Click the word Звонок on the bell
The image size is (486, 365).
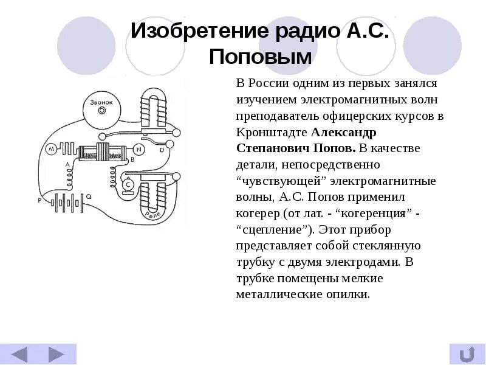coord(101,102)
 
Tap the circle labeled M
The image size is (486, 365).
coord(51,148)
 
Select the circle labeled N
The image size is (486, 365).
coord(139,148)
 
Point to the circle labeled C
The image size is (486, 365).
coord(128,184)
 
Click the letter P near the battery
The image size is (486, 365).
coord(39,200)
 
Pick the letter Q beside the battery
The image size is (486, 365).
coord(89,196)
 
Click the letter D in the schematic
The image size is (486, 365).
coord(162,149)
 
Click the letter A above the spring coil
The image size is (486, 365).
coord(67,165)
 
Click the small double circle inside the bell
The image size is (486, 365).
coord(102,111)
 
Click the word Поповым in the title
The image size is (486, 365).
coord(260,57)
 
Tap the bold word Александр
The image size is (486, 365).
coord(343,131)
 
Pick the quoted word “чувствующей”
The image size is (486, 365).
coord(273,181)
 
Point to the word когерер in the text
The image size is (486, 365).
coord(256,214)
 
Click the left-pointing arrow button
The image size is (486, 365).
coord(20,354)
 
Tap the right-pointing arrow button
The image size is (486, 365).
coord(56,354)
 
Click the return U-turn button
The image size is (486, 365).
coord(467,354)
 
